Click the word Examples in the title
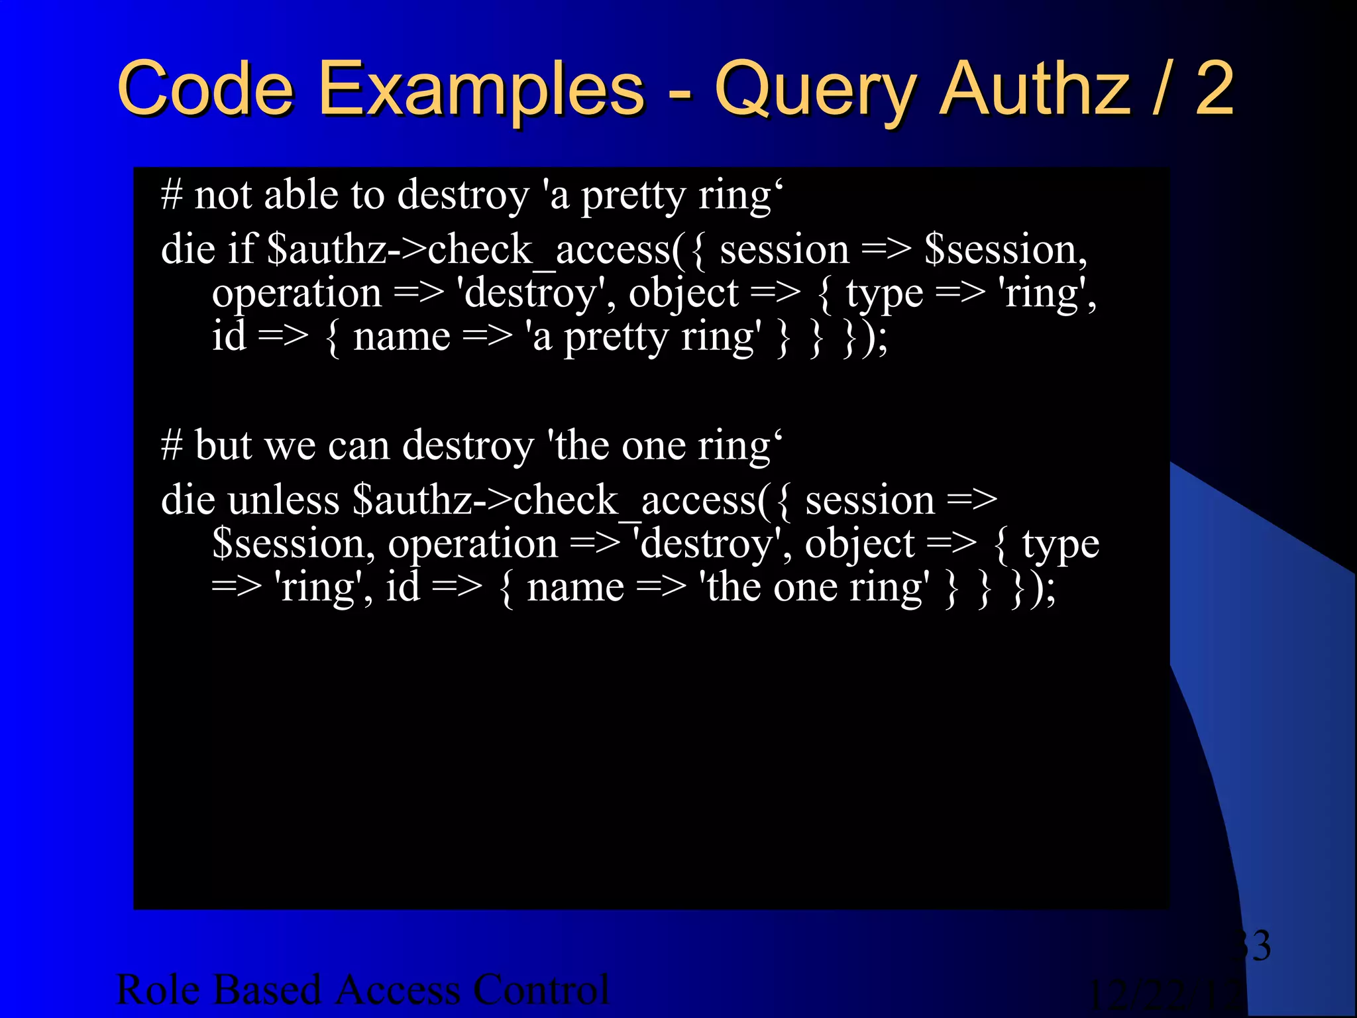(x=481, y=89)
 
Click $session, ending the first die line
(x=1006, y=251)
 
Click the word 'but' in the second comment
(x=224, y=445)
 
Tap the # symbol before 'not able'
(x=172, y=196)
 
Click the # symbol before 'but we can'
(x=172, y=445)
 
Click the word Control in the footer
(x=541, y=990)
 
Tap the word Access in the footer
(x=398, y=990)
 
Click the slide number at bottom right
(x=1252, y=945)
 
